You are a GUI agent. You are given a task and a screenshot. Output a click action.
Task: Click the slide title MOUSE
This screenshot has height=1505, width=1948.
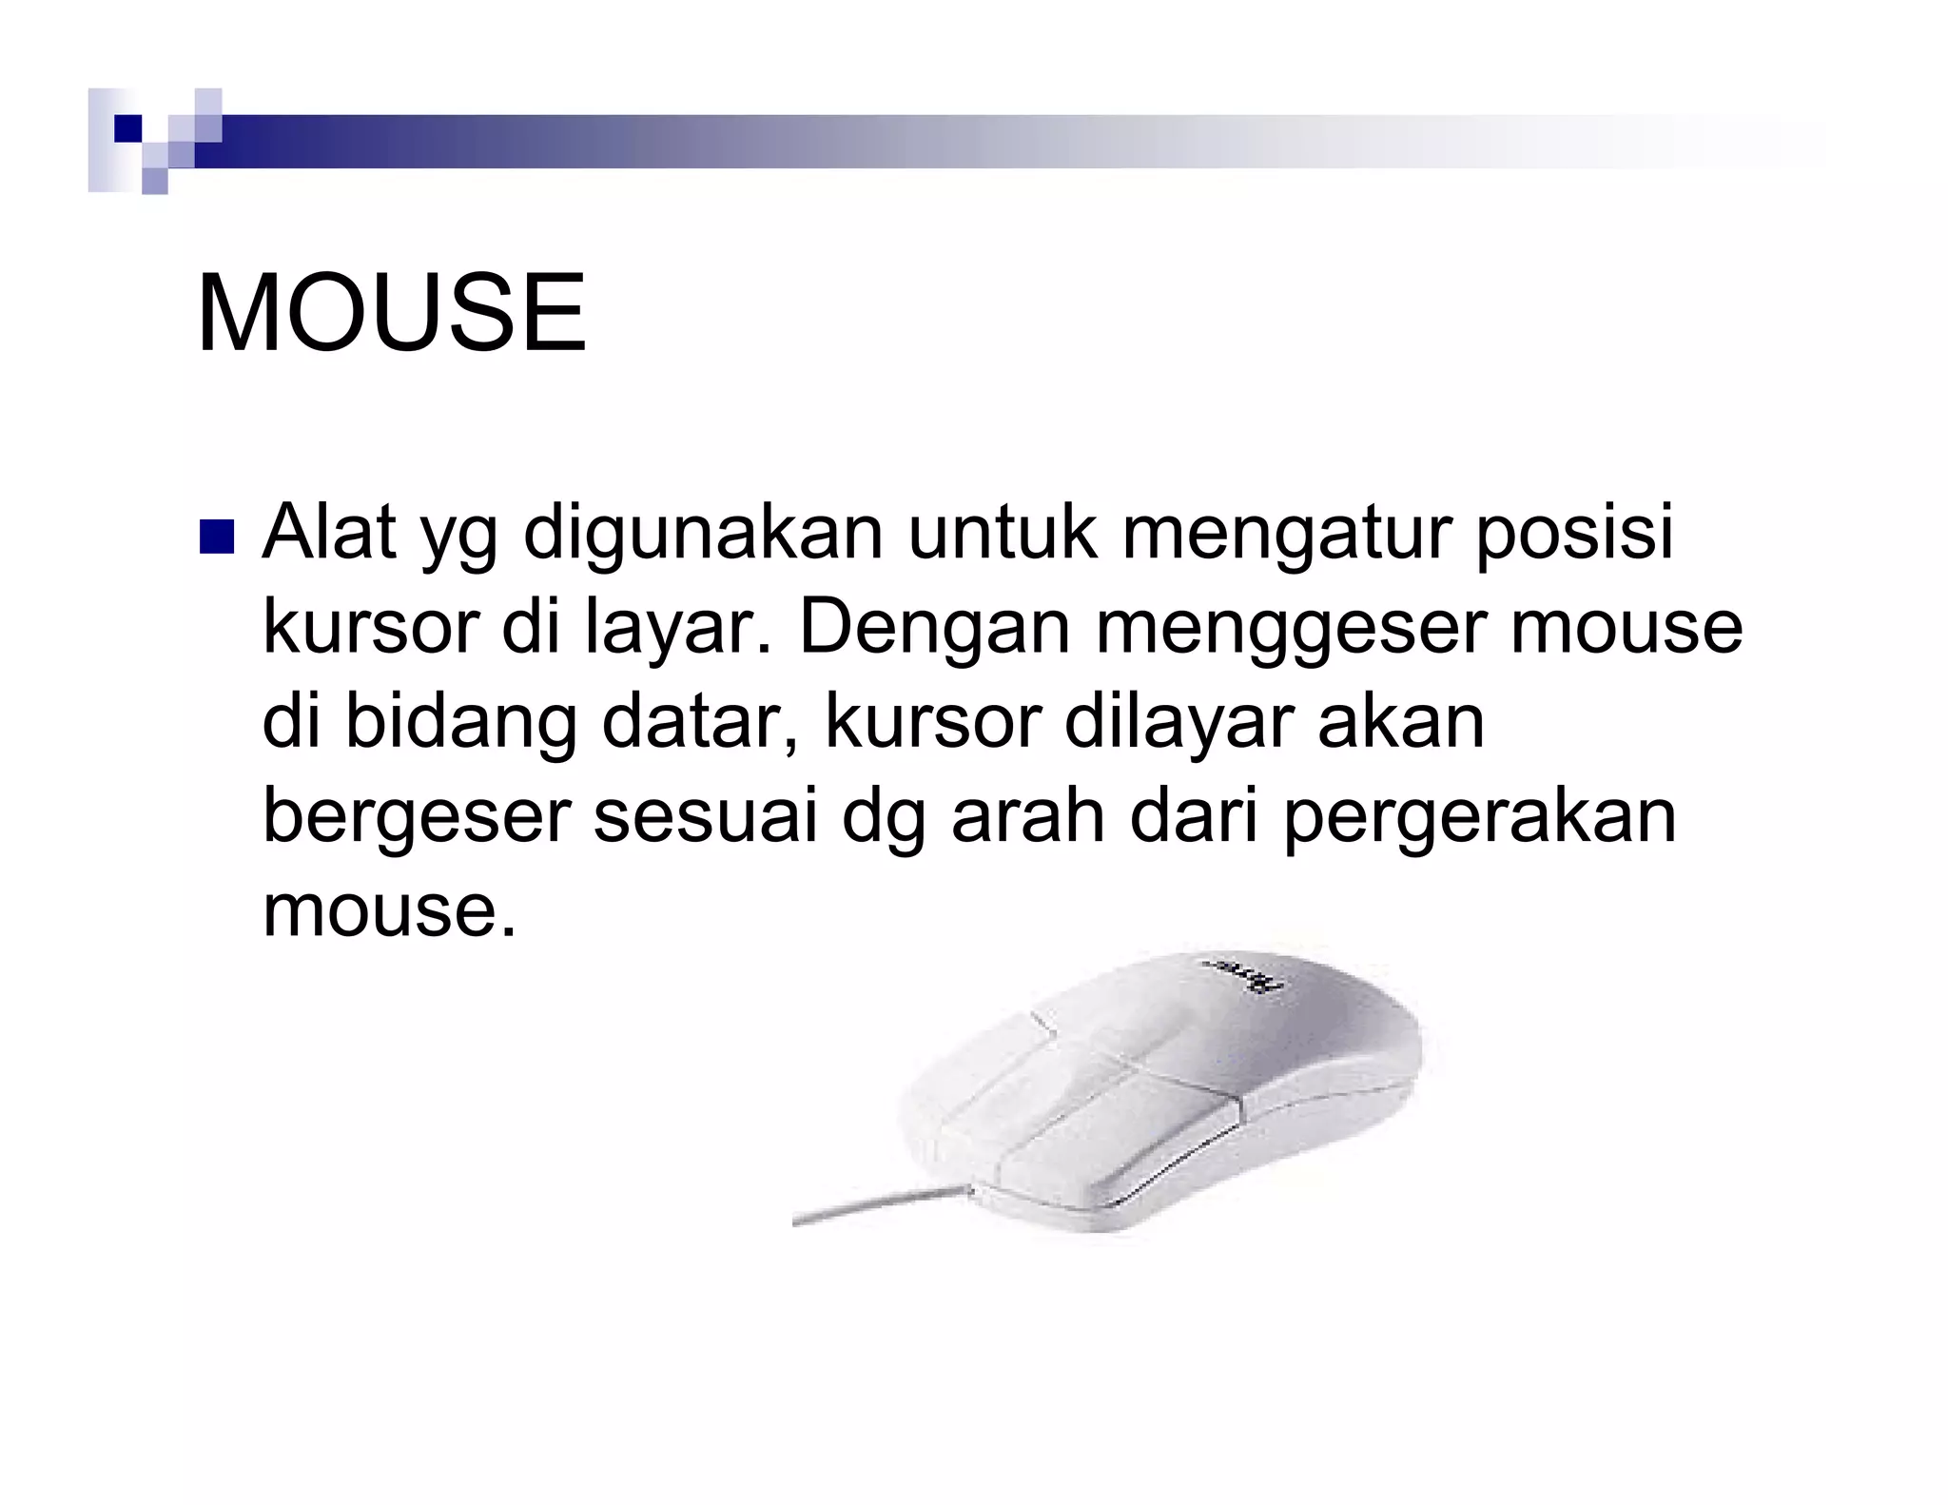click(391, 313)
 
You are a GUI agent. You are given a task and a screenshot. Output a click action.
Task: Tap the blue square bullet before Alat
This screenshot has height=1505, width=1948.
click(216, 537)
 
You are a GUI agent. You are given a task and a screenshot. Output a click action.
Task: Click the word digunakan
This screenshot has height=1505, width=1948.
click(703, 535)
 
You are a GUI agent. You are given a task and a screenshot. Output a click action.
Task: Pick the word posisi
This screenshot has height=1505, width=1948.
click(1574, 535)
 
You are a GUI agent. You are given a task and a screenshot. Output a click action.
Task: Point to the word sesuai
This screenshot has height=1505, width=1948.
click(705, 816)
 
